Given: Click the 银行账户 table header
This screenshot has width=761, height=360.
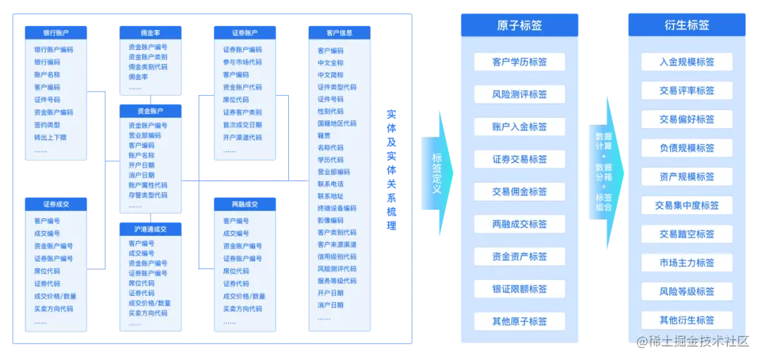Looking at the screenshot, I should pos(56,32).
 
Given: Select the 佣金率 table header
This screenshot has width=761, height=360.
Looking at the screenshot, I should pos(150,32).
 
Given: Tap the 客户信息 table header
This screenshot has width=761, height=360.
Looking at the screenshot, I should pos(339,32).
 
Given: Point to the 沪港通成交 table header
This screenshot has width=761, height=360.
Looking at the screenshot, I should pos(150,229).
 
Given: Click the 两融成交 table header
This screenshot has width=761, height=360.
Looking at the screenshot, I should pos(244,204).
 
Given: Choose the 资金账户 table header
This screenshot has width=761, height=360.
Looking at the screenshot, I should pos(150,111).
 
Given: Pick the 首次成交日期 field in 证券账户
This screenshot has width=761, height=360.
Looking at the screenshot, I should pos(242,125).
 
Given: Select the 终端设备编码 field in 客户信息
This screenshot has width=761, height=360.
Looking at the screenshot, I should pos(337,209).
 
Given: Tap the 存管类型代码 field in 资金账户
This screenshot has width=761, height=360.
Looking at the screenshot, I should pos(147,195).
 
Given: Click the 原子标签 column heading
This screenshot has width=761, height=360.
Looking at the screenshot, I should pos(519,25).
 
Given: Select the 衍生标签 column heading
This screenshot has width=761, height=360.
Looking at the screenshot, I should pos(686,25).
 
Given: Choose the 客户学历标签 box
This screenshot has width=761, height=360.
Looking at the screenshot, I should pos(519,62).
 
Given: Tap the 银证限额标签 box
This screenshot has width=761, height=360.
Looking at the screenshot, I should pos(519,289).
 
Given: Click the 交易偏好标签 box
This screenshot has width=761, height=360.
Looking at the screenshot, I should pos(686,119).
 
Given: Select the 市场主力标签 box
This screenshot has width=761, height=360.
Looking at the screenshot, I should pos(686,263).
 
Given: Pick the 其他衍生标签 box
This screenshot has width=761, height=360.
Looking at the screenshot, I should pos(686,321).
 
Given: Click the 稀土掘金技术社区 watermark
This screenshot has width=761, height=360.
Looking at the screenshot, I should pos(697,341).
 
